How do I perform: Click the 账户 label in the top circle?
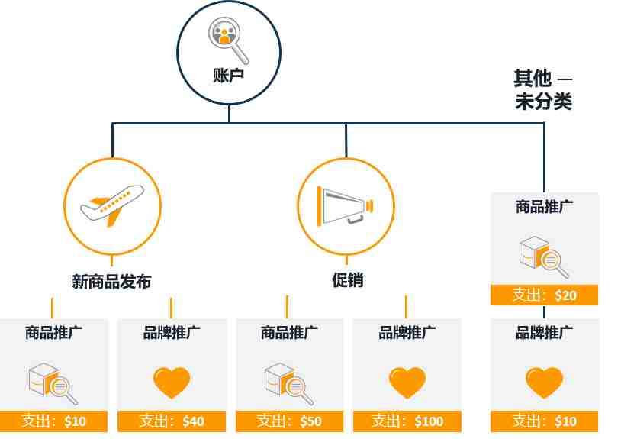click(x=228, y=76)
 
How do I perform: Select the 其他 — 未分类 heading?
click(x=543, y=90)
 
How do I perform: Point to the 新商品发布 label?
click(x=111, y=282)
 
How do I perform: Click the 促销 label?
click(x=347, y=280)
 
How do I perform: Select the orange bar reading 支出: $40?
click(x=172, y=421)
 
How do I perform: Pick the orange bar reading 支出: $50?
click(x=289, y=421)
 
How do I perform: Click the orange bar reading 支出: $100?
click(x=407, y=421)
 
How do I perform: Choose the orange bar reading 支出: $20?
click(x=544, y=295)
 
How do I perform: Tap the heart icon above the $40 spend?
click(x=172, y=383)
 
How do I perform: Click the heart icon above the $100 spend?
click(x=407, y=383)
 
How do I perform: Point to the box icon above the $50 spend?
click(x=288, y=383)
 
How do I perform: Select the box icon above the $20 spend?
click(x=544, y=257)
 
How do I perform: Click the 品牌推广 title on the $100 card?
click(x=407, y=332)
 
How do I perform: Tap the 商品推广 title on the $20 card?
click(x=544, y=206)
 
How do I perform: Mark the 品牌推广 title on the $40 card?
click(x=172, y=332)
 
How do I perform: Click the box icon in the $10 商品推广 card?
click(x=53, y=383)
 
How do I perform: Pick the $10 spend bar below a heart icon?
click(x=544, y=421)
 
